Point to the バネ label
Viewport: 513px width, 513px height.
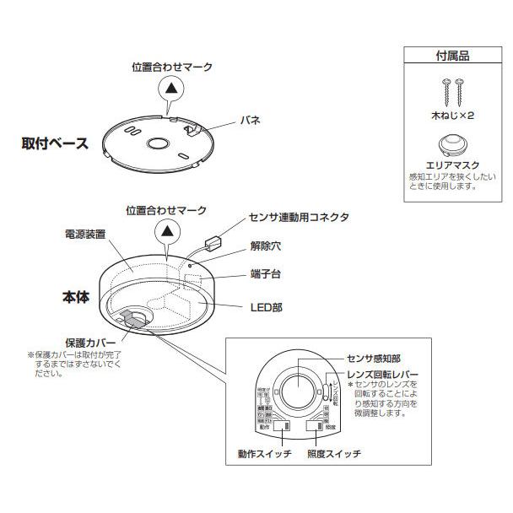pyautogui.click(x=252, y=121)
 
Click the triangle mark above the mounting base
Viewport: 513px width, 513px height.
pyautogui.click(x=171, y=87)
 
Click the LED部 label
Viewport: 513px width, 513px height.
pyautogui.click(x=267, y=306)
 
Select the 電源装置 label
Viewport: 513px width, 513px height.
pyautogui.click(x=84, y=234)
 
